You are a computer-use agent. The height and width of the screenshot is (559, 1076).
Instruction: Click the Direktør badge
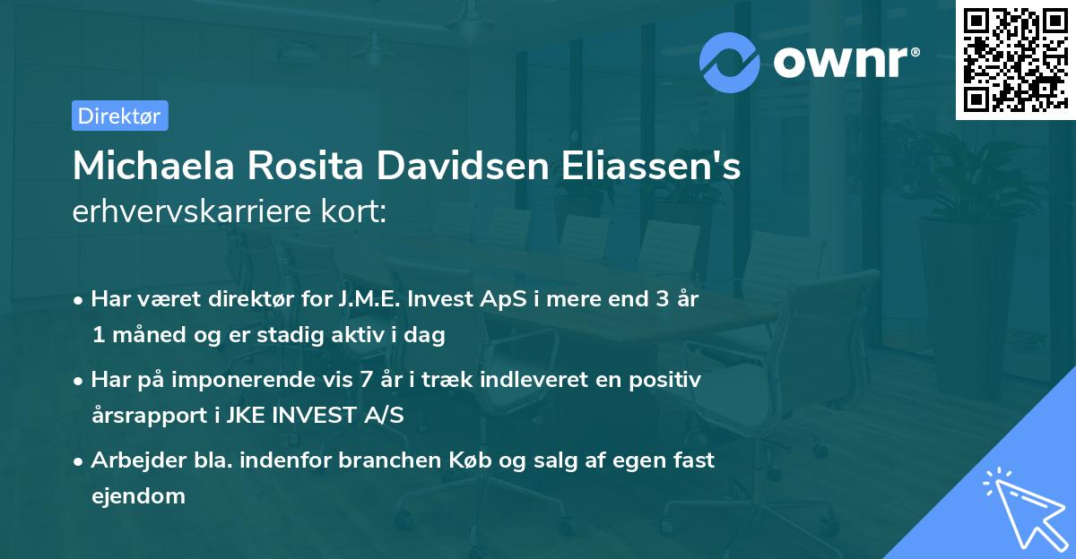(x=119, y=116)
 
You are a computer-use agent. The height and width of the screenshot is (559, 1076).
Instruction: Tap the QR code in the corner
(x=1015, y=59)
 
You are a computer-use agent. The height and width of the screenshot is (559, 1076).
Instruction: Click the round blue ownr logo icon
(x=729, y=62)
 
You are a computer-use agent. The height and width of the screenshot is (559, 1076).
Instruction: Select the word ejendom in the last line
(x=138, y=495)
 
